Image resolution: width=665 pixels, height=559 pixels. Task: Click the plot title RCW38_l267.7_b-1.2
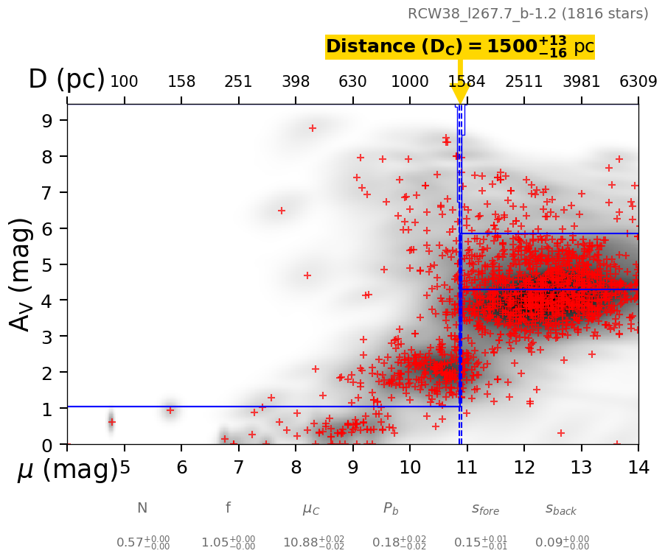528,14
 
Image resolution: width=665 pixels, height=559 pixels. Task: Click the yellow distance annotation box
459,46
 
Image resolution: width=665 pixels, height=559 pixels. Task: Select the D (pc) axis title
66,80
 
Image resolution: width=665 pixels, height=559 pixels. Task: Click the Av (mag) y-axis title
22,275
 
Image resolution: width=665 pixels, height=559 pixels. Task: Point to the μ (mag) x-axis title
68,470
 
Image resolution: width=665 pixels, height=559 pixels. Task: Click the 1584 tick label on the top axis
467,82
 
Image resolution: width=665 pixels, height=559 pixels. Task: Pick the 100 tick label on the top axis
124,82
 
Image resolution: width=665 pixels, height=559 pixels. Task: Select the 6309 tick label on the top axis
638,82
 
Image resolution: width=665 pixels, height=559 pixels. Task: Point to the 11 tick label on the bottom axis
467,467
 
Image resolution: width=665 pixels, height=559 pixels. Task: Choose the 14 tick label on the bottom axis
638,467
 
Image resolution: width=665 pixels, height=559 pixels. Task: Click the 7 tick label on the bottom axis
238,467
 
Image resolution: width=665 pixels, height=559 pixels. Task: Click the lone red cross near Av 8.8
312,128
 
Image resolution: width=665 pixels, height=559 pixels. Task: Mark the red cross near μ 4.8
111,422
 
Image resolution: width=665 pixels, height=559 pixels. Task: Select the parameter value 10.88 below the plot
313,543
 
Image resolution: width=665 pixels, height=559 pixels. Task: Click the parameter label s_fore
485,509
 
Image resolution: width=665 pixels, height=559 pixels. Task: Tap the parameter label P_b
390,508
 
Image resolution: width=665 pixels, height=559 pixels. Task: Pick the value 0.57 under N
142,543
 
